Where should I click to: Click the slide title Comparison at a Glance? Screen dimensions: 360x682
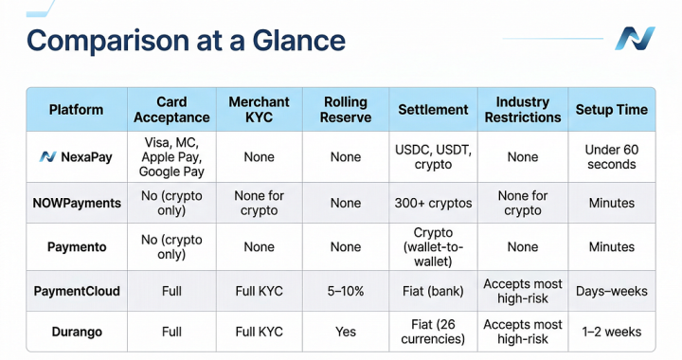(186, 41)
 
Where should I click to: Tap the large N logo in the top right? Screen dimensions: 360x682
(635, 39)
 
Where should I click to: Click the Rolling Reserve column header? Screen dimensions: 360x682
(346, 109)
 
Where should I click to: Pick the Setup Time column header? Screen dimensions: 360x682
(612, 109)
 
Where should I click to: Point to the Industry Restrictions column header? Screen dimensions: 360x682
(523, 109)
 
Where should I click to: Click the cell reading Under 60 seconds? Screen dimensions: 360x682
(612, 157)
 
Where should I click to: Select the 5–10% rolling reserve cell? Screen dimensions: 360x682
(346, 291)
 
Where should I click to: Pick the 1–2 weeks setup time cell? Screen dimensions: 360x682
(612, 332)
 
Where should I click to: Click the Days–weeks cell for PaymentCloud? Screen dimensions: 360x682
(612, 291)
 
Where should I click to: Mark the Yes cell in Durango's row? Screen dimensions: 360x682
(346, 332)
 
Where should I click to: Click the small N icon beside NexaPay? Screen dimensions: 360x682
(47, 157)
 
